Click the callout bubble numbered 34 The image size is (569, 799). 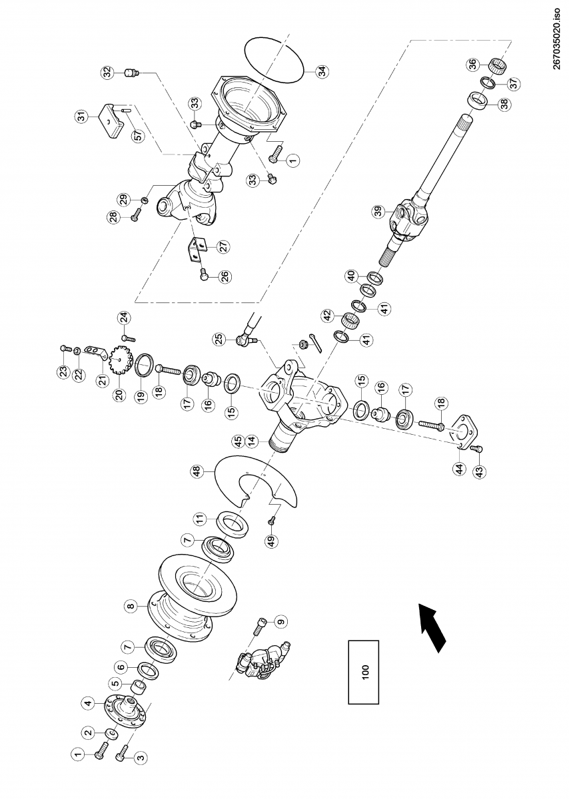(322, 71)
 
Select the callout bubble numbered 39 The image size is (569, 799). (378, 212)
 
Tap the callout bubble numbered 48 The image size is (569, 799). (197, 471)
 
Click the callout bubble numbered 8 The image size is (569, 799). (131, 606)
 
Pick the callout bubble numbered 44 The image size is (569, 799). (459, 469)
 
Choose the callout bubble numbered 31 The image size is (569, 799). (81, 117)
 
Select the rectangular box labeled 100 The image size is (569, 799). (364, 672)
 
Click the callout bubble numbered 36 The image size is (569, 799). (472, 64)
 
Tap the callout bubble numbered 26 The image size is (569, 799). (225, 275)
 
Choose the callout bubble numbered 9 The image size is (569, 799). (281, 621)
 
